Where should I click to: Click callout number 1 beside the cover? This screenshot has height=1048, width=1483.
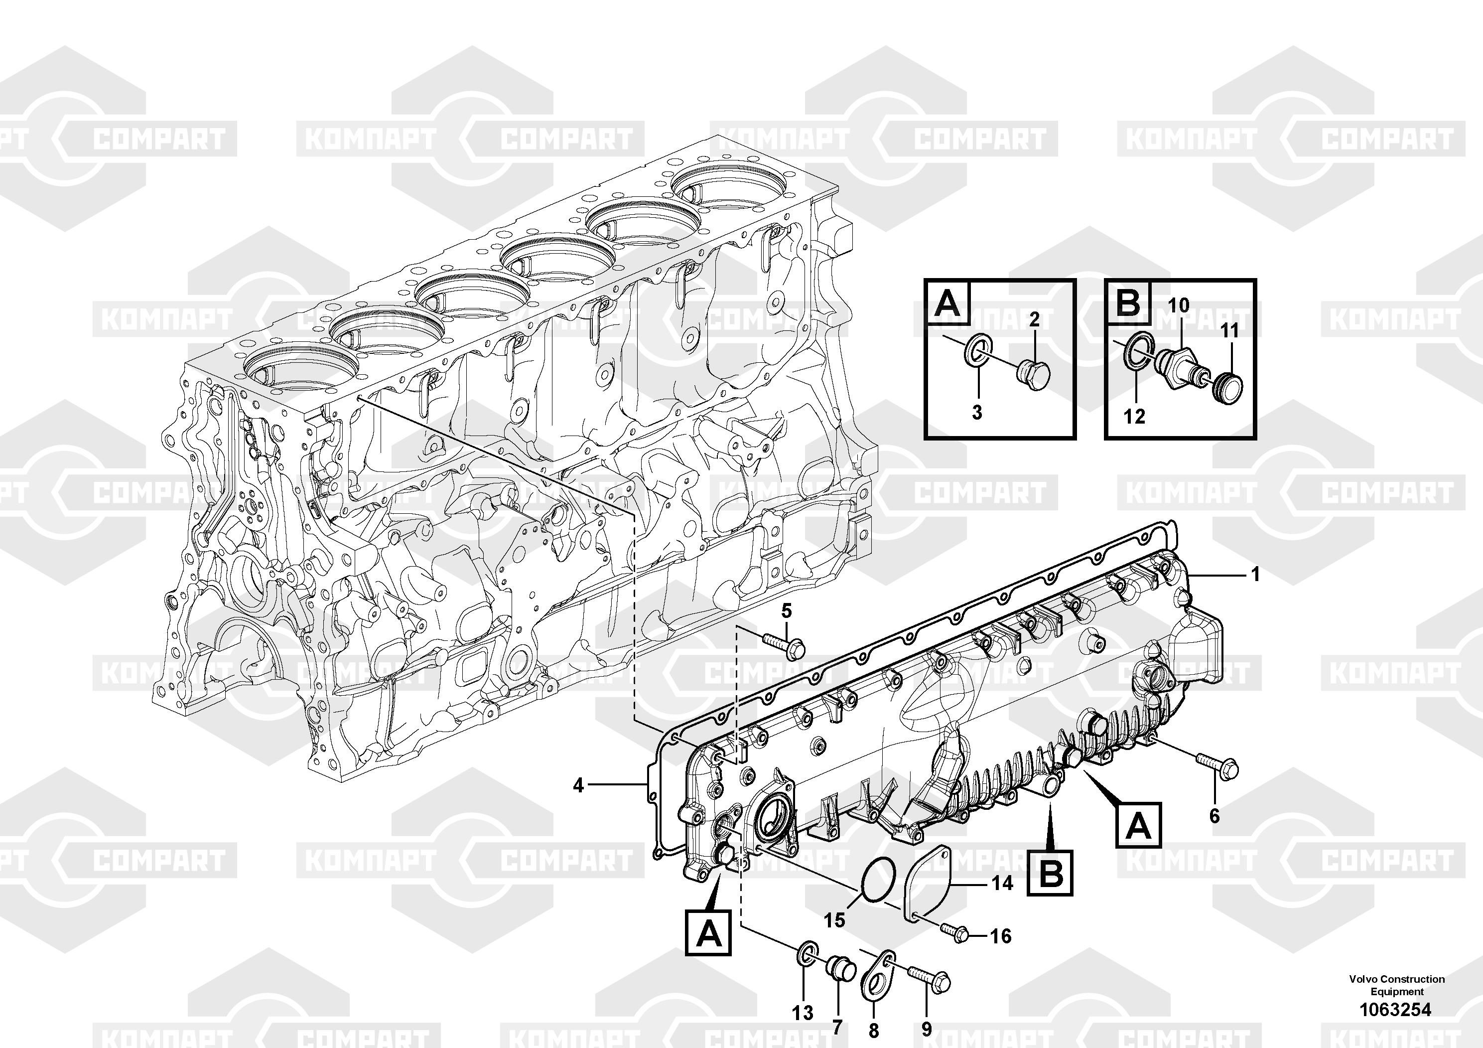click(x=1256, y=574)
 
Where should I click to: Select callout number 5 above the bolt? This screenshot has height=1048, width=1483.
click(x=786, y=610)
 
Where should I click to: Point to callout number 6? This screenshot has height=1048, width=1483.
click(x=1214, y=816)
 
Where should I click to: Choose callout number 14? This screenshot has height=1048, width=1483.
click(x=1002, y=883)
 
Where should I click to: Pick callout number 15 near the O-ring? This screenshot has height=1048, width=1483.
click(x=834, y=920)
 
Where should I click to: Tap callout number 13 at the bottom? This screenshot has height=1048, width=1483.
click(x=803, y=1013)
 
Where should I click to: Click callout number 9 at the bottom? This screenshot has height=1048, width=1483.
click(x=926, y=1029)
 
